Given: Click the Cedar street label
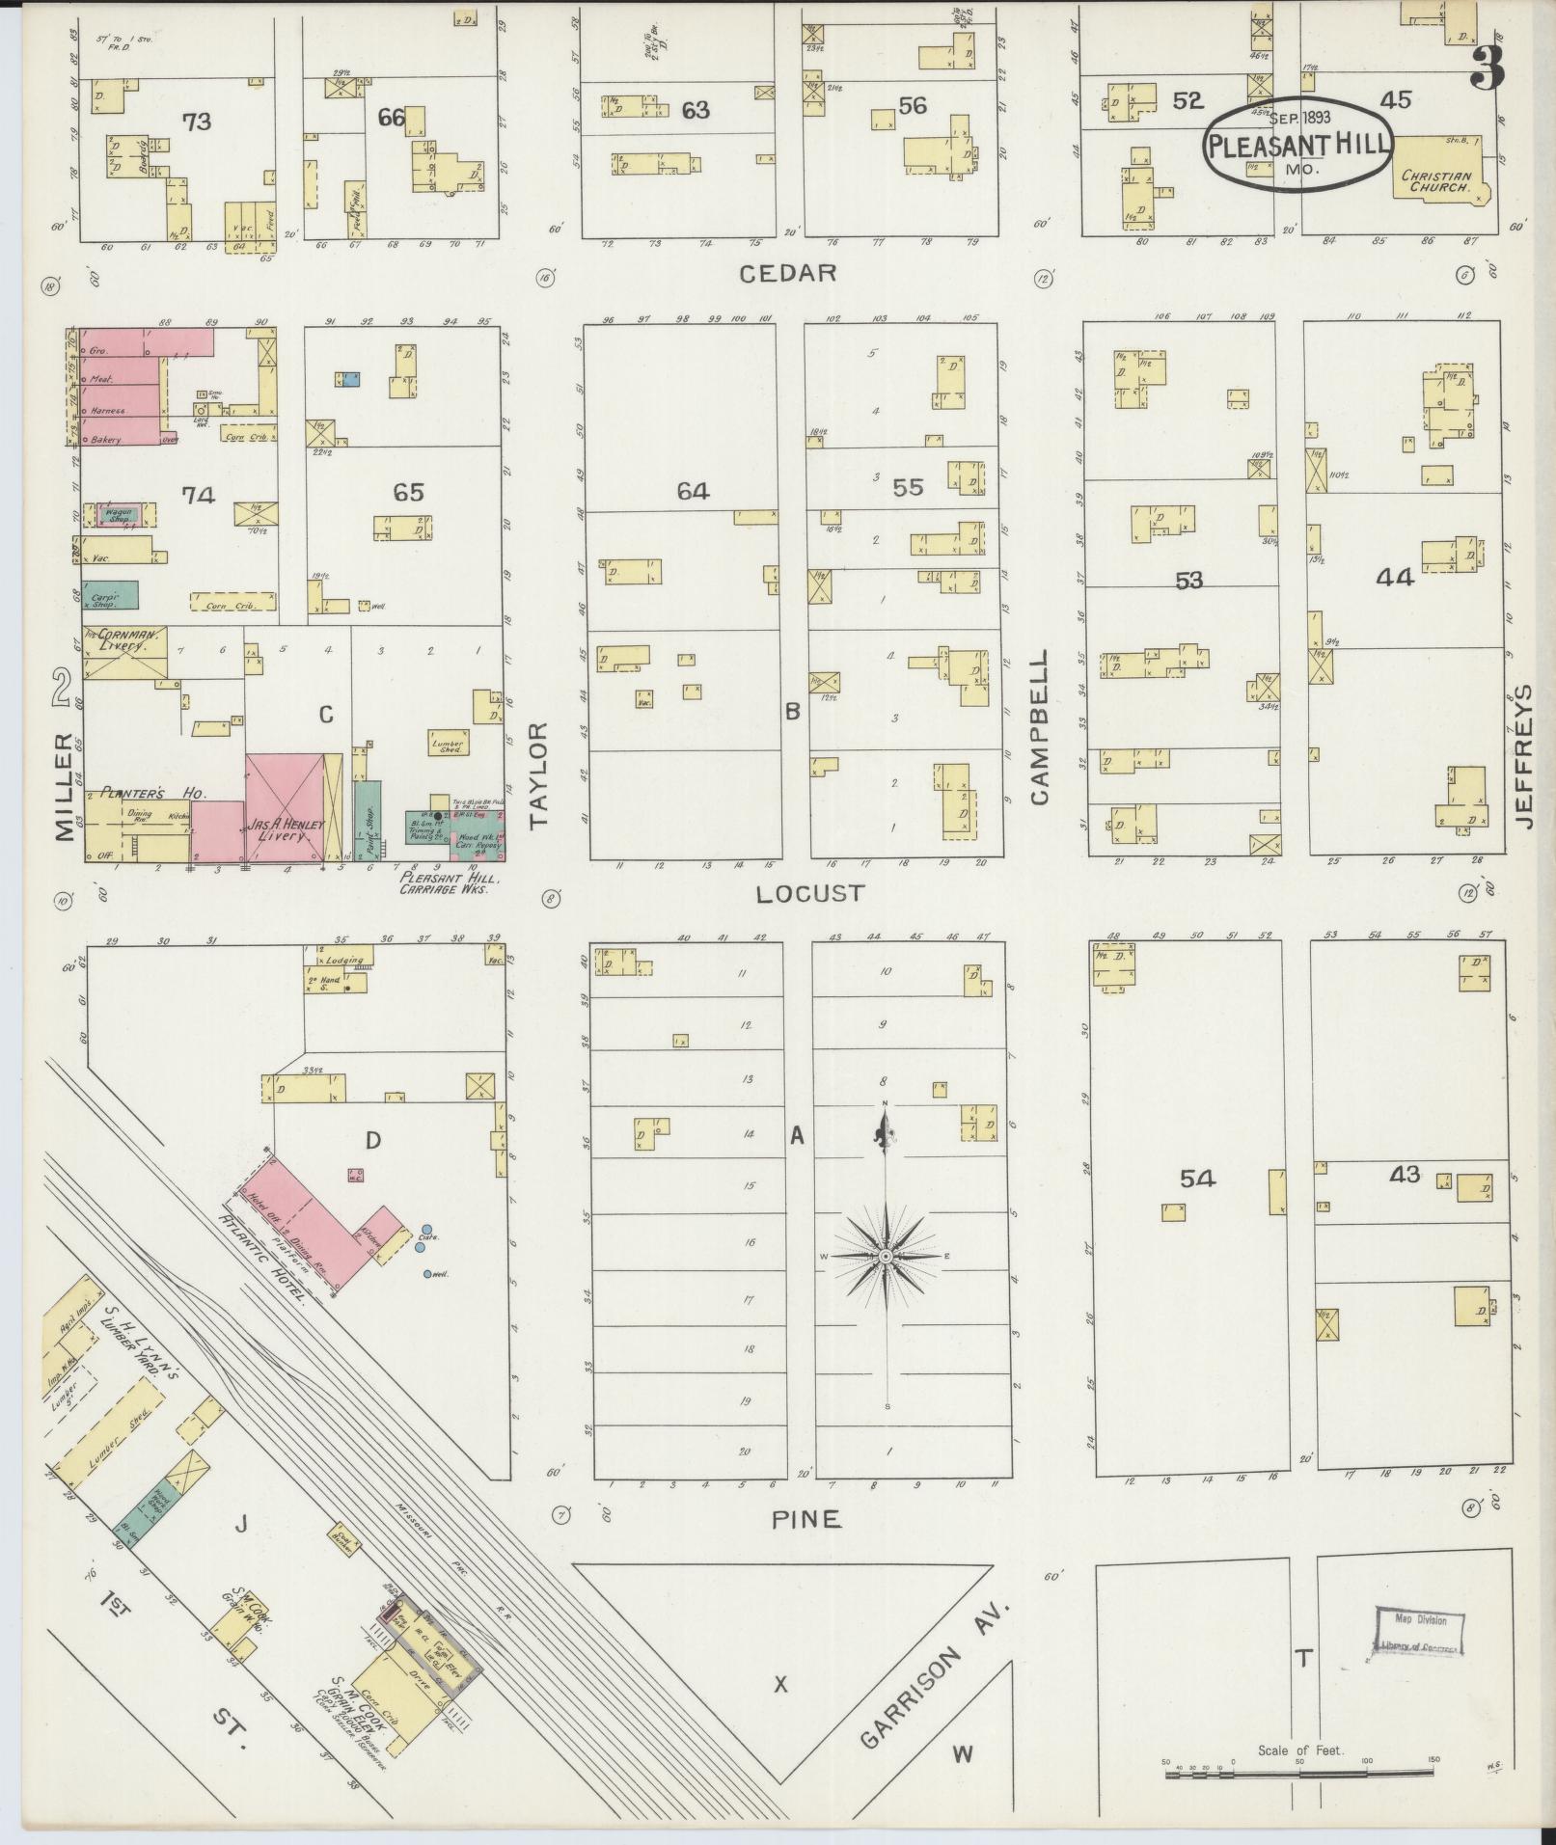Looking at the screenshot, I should [x=787, y=274].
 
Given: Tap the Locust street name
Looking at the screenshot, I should [x=810, y=894].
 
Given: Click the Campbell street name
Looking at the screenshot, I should [x=1039, y=726].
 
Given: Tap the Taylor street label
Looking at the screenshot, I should [x=537, y=774].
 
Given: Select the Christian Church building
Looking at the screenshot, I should [x=1441, y=171].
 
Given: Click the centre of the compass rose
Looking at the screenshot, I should [x=885, y=1257].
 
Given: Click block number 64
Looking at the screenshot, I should [x=693, y=492].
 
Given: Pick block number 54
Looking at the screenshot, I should [x=1196, y=1178].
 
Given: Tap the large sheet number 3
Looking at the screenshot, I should [x=1488, y=68].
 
